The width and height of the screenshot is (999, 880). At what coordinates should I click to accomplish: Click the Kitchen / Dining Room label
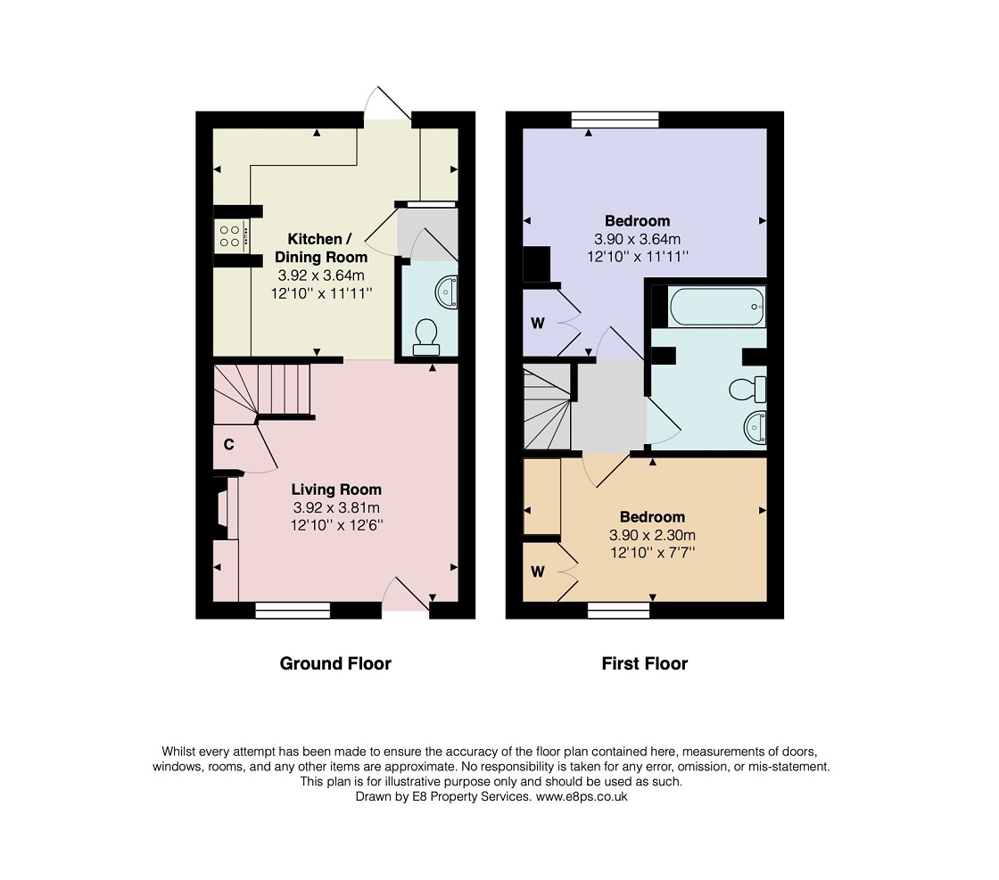[x=321, y=248]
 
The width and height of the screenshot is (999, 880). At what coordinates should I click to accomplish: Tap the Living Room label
[x=336, y=489]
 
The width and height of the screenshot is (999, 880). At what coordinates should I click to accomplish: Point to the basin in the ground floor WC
[x=447, y=292]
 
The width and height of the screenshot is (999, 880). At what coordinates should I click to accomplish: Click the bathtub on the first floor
[x=717, y=307]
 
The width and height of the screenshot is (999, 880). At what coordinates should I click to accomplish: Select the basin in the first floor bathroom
[x=755, y=427]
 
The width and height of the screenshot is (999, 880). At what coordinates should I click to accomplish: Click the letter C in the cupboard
[x=228, y=444]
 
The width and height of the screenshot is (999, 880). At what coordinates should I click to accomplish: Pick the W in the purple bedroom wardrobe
[x=538, y=324]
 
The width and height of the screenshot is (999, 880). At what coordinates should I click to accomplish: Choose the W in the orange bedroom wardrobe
[x=538, y=572]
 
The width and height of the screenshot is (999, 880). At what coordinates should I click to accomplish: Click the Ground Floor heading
[x=335, y=663]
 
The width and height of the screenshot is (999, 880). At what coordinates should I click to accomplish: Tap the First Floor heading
[x=645, y=663]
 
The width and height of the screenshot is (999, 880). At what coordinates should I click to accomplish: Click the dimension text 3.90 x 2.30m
[x=652, y=535]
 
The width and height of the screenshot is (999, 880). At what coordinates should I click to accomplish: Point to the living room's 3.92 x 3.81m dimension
[x=336, y=507]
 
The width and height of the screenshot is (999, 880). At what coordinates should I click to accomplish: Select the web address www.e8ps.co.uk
[x=581, y=796]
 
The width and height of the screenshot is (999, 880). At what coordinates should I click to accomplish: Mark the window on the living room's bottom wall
[x=293, y=610]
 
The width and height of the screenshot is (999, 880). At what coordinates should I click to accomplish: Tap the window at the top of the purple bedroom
[x=615, y=119]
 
